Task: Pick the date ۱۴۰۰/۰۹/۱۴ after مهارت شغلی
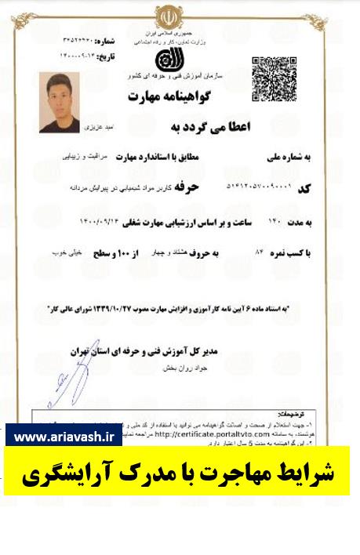(102, 222)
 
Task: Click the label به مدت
(297, 222)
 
